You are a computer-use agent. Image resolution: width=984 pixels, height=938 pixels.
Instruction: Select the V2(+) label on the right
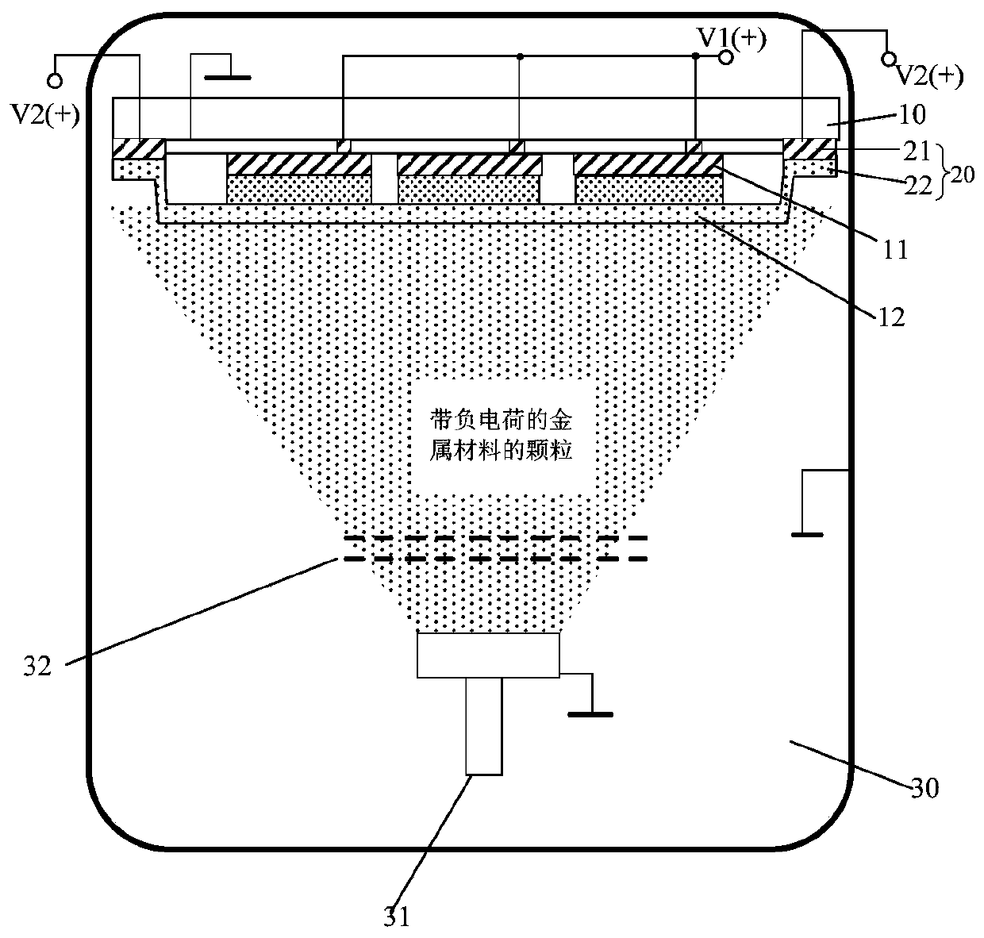click(x=928, y=75)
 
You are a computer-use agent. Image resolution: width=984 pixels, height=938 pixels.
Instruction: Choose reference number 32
click(x=37, y=666)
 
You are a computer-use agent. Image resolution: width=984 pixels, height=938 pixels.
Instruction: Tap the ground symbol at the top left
click(x=228, y=77)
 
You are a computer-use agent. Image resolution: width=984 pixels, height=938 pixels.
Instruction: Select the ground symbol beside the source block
click(x=590, y=713)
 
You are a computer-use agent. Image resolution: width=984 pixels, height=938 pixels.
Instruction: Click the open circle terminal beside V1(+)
click(x=724, y=57)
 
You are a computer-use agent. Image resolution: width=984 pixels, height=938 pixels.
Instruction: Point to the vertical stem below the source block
click(x=483, y=725)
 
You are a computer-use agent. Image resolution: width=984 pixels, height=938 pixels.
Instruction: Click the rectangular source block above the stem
click(x=488, y=655)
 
